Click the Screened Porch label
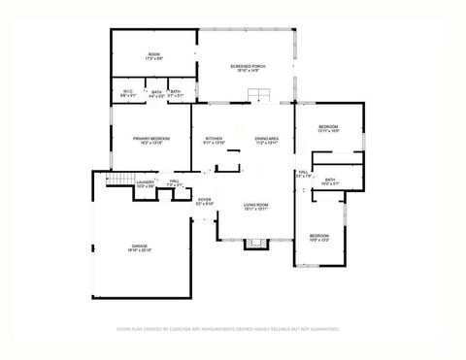pyautogui.click(x=248, y=68)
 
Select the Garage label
pyautogui.click(x=140, y=247)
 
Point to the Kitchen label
pyautogui.click(x=215, y=141)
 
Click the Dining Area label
pyautogui.click(x=267, y=141)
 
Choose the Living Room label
pyautogui.click(x=256, y=207)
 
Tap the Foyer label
pyautogui.click(x=204, y=203)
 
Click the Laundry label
pyautogui.click(x=146, y=183)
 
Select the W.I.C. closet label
pyautogui.click(x=126, y=93)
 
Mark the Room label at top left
pyautogui.click(x=153, y=55)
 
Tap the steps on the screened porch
pyautogui.click(x=260, y=94)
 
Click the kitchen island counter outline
pyautogui.click(x=230, y=161)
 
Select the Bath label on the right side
pyautogui.click(x=330, y=181)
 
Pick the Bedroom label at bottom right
pyautogui.click(x=319, y=238)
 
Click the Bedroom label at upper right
pyautogui.click(x=329, y=129)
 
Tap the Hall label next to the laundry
pyautogui.click(x=174, y=183)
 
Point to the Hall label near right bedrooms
pyautogui.click(x=303, y=175)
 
